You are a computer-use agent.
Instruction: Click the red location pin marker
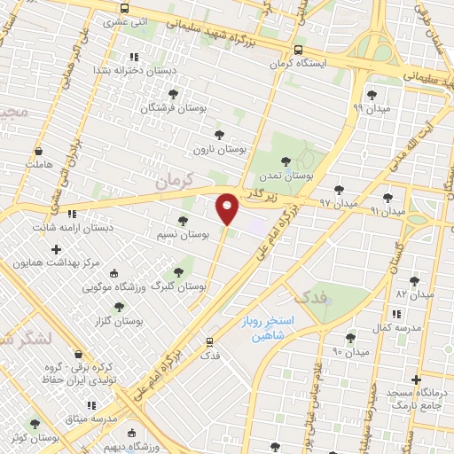pos(228,207)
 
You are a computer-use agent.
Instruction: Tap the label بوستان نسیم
pos(182,234)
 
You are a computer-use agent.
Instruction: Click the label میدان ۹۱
pos(387,211)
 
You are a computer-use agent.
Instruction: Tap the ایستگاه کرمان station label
pos(300,64)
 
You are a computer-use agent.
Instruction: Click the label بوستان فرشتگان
pos(173,106)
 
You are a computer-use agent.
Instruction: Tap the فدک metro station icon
pos(210,340)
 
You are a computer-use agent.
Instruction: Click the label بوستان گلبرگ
pos(178,286)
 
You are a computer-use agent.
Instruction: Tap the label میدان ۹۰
pos(349,352)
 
